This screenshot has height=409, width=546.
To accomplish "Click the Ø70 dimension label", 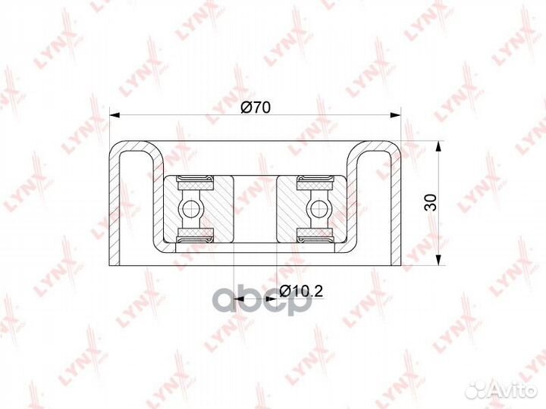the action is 256,108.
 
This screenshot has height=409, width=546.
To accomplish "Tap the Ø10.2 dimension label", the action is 301,291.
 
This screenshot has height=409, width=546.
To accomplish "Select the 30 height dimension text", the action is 431,202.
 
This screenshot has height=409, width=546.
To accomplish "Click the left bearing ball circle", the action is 190,209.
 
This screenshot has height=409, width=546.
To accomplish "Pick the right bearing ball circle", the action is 318,209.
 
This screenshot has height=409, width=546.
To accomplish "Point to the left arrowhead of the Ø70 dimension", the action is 115,115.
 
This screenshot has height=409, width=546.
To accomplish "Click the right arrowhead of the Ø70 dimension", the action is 396,115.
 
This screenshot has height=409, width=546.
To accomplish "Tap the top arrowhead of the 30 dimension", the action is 439,146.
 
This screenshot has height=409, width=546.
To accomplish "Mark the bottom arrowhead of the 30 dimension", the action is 439,260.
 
